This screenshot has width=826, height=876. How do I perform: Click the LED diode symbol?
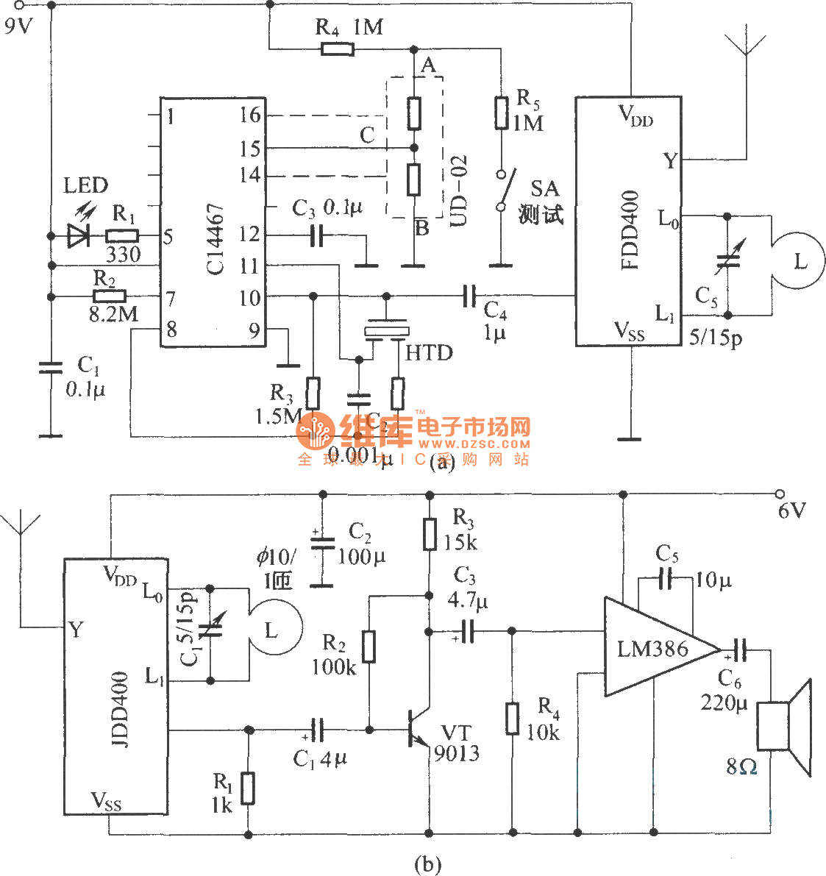coord(77,235)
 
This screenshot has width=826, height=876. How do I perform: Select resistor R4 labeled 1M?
coord(337,49)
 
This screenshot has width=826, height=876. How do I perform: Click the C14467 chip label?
coord(215,239)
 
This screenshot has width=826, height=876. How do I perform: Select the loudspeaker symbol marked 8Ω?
coord(786,727)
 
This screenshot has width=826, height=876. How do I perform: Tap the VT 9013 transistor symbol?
coord(419,730)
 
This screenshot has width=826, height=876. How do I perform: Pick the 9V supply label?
coord(18,26)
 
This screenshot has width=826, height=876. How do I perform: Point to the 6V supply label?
coord(791,510)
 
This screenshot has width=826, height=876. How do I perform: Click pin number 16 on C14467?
coord(250,115)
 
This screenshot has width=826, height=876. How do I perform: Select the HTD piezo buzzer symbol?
coord(385,330)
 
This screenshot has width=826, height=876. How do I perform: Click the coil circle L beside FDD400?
coord(799,261)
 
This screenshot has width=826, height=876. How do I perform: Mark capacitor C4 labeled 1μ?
coord(469,296)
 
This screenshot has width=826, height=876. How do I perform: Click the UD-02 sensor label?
coord(457,190)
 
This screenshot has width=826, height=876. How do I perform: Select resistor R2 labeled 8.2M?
coord(110,296)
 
